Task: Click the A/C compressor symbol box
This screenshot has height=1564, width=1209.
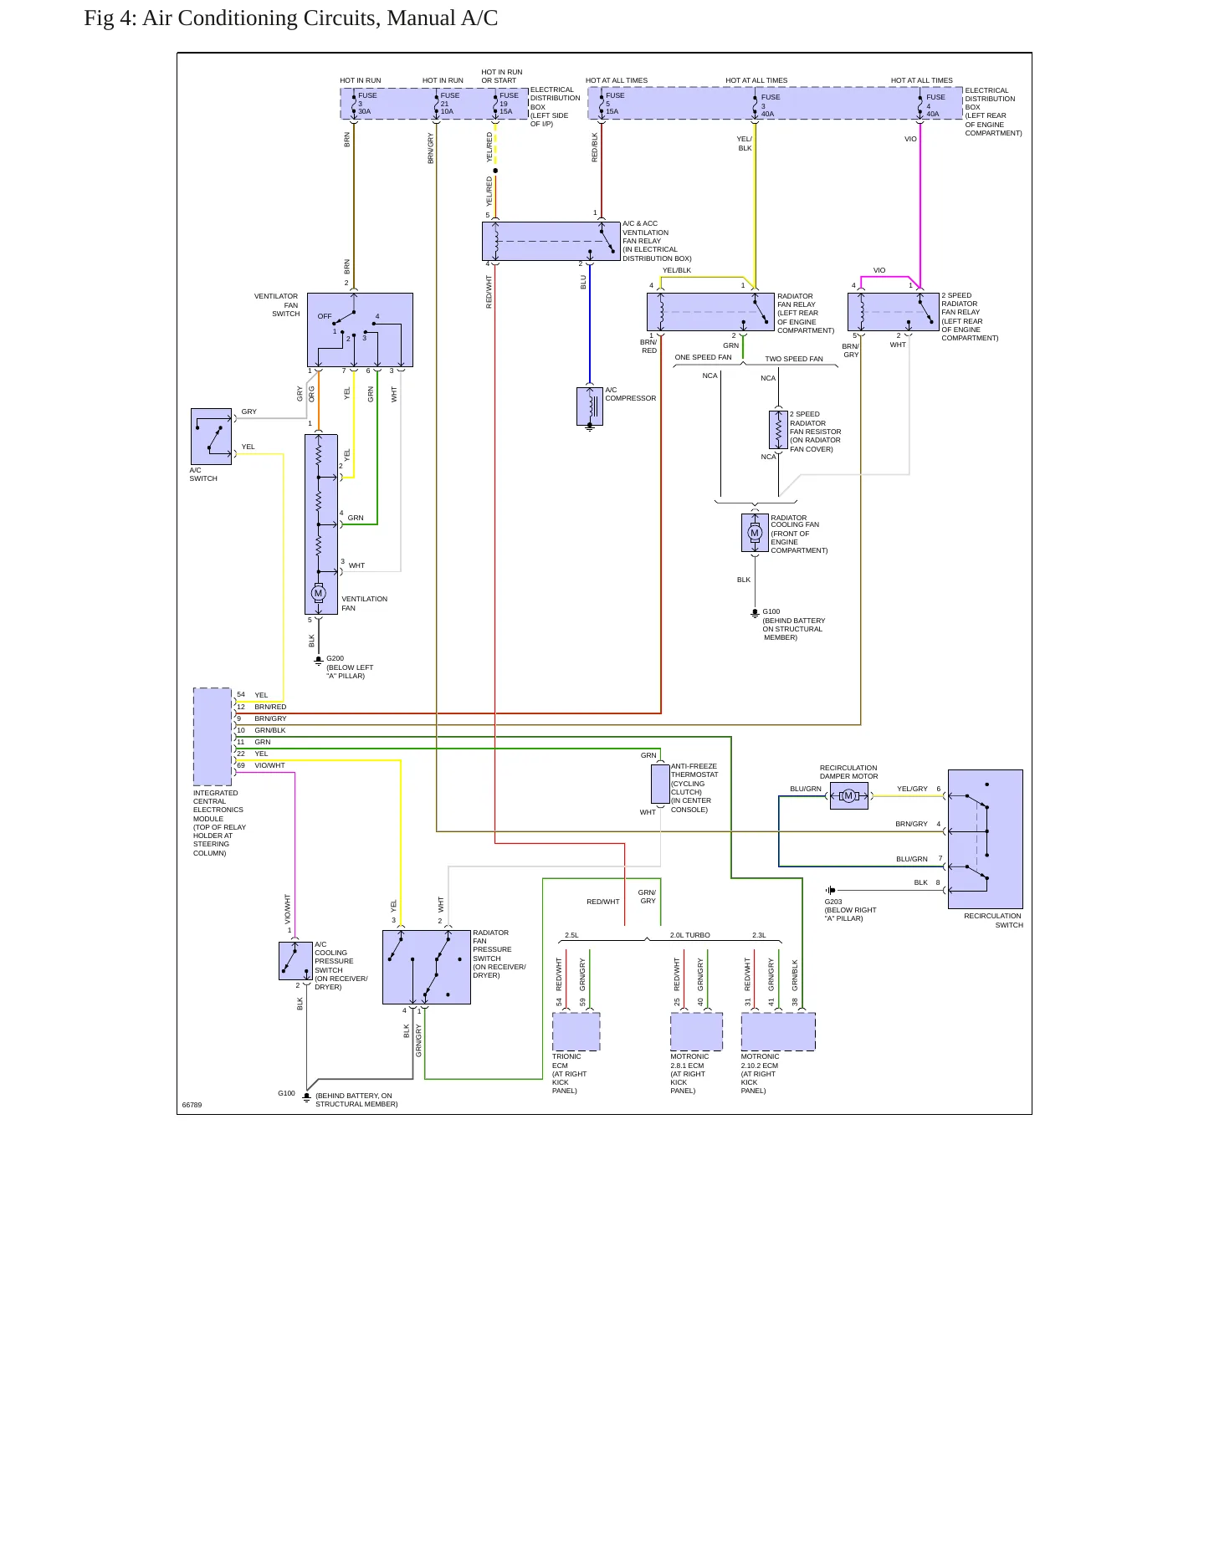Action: click(590, 406)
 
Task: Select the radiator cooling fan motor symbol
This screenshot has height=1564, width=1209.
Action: click(755, 533)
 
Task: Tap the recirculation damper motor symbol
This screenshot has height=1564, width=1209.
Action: click(848, 796)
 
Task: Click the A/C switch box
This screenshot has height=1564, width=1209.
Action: click(211, 437)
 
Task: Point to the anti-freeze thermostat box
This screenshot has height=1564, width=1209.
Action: click(660, 784)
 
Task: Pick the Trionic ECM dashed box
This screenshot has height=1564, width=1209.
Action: click(576, 1032)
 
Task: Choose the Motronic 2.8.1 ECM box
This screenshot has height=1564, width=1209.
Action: click(696, 1032)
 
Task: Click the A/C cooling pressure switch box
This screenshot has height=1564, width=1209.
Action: click(295, 961)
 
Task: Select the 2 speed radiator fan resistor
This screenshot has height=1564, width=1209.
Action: click(778, 430)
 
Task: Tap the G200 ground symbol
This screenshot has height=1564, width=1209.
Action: click(318, 661)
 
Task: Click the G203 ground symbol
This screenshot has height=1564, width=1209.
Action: click(830, 890)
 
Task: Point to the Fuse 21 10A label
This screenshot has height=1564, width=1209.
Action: click(449, 104)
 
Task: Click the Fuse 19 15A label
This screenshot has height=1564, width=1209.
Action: click(509, 104)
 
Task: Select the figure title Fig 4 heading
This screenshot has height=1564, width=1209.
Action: click(290, 18)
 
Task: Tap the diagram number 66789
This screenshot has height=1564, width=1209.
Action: click(192, 1105)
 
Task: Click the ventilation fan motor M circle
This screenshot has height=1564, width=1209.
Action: click(318, 593)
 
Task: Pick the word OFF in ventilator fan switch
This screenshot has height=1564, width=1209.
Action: click(325, 316)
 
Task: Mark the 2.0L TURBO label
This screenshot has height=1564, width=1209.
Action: click(690, 935)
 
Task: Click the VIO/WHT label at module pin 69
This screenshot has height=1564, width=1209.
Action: click(269, 765)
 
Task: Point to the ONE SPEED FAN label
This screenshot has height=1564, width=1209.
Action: click(703, 357)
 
